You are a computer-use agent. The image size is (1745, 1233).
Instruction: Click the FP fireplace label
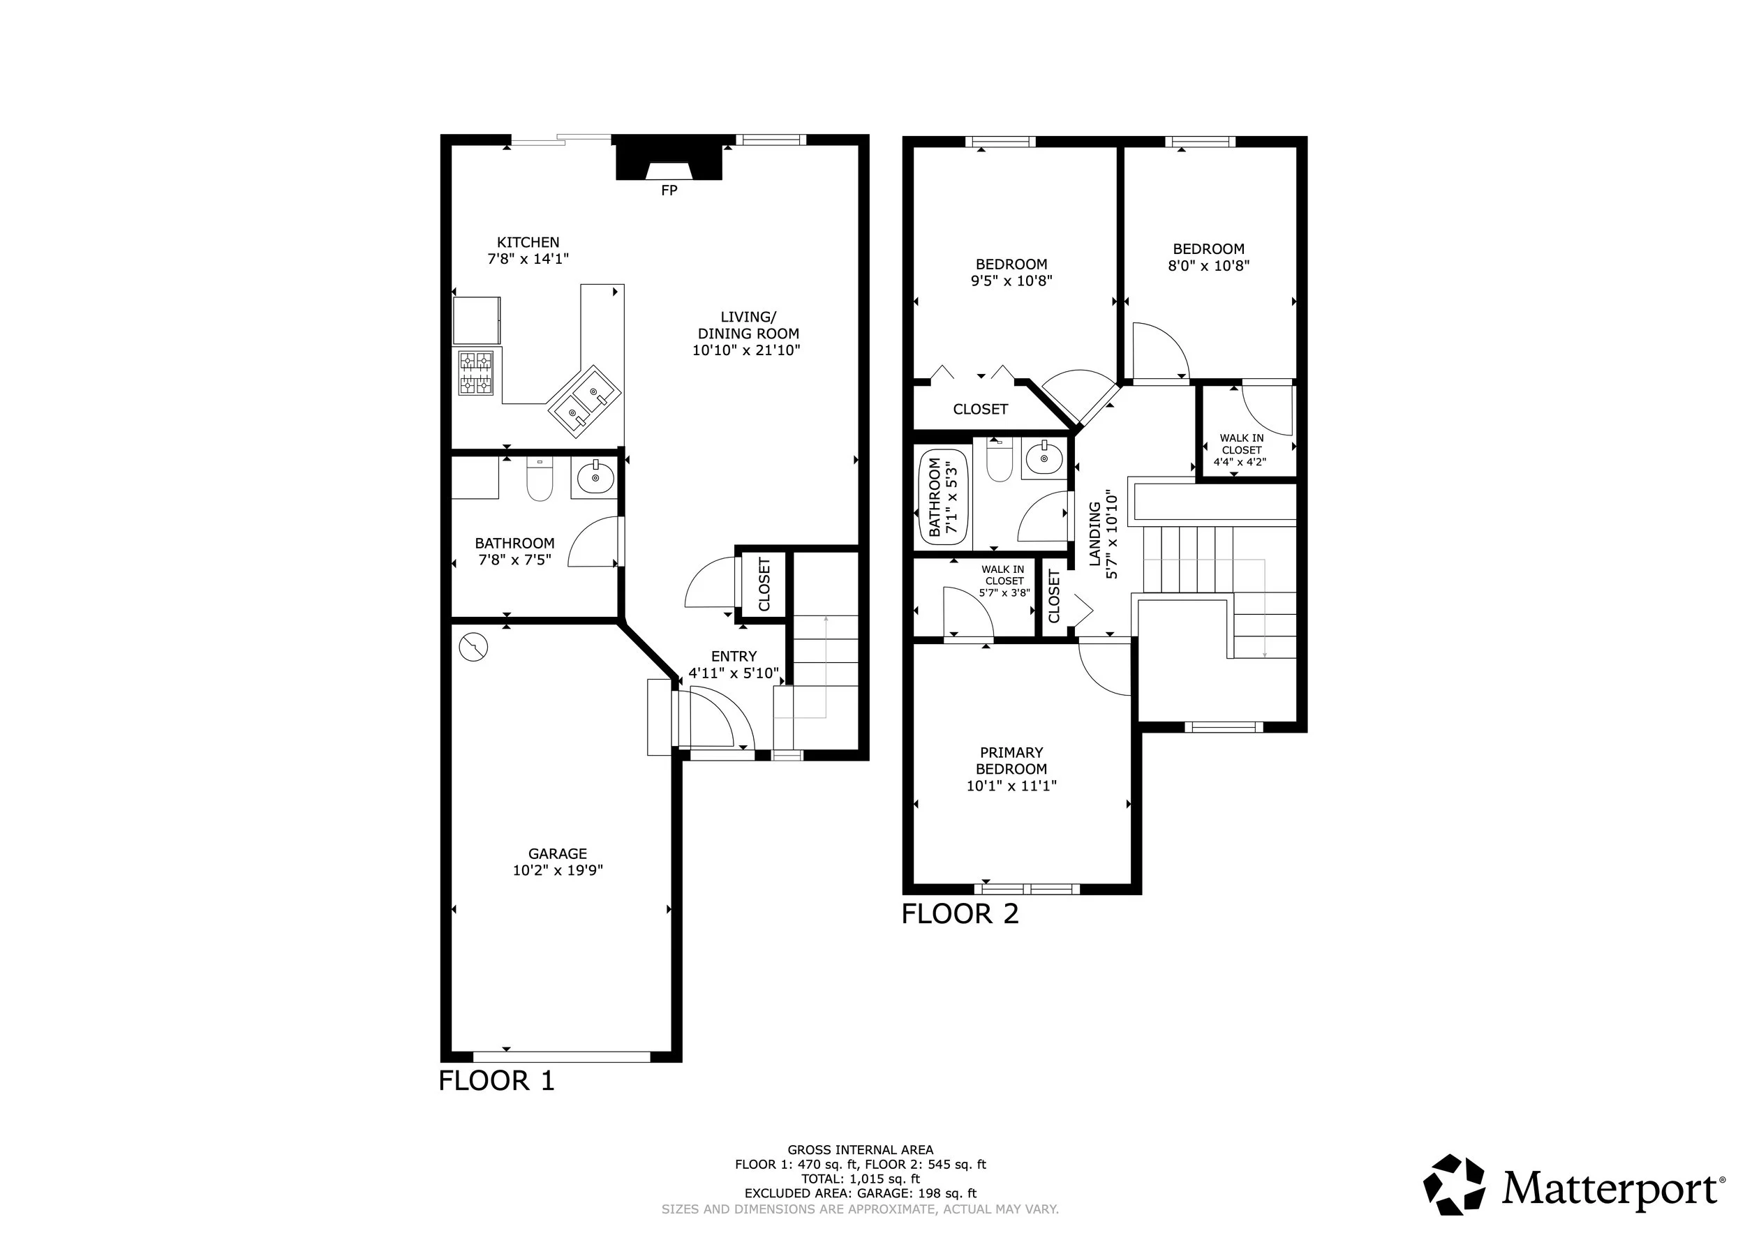[x=669, y=190]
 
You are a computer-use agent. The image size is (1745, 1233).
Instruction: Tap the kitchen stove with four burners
[x=476, y=373]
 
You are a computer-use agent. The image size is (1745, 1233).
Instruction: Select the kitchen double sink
[x=585, y=401]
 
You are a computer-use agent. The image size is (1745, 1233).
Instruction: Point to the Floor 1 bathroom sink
[x=594, y=477]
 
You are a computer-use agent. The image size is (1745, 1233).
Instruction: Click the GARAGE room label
[x=558, y=854]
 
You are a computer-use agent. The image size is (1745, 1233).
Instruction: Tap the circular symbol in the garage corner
[x=473, y=648]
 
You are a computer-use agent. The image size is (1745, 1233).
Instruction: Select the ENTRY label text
[x=734, y=657]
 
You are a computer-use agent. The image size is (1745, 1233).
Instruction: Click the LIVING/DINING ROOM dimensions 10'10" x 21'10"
[x=746, y=350]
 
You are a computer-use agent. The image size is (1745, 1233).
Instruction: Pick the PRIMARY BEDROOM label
[x=1011, y=761]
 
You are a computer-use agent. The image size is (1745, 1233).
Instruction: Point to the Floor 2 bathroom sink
[x=1044, y=458]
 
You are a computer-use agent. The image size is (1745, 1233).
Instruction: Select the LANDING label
[x=1095, y=534]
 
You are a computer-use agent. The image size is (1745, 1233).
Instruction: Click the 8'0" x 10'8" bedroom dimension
[x=1209, y=266]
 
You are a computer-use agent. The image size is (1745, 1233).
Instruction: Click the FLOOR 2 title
[x=960, y=914]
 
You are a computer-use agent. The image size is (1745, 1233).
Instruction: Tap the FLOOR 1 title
[x=497, y=1081]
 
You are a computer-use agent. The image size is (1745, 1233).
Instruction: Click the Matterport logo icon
[x=1454, y=1185]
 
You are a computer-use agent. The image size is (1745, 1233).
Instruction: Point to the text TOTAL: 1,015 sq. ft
[x=861, y=1179]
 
